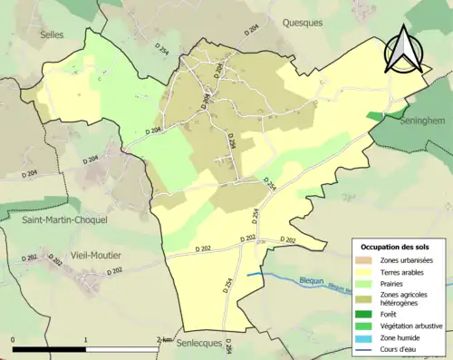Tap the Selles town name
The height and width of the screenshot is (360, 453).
click(x=53, y=34)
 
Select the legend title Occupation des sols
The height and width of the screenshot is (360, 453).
click(x=397, y=247)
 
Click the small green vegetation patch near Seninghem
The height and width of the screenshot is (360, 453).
click(x=375, y=116)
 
